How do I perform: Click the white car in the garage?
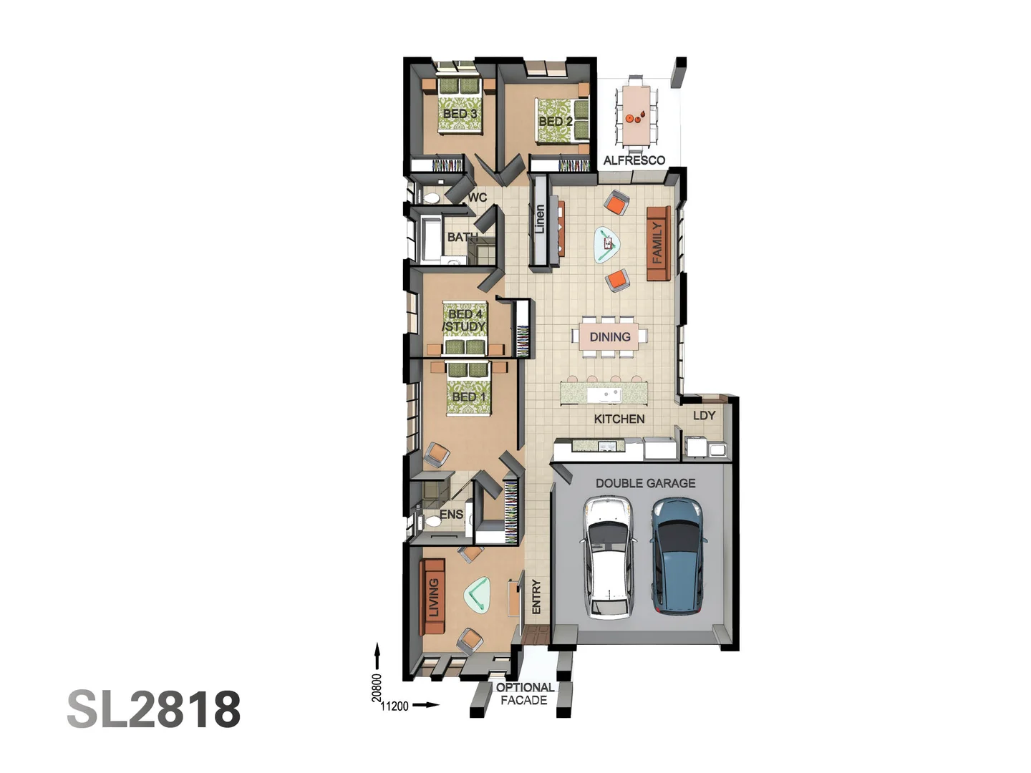pyautogui.click(x=608, y=558)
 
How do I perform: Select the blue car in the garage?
pyautogui.click(x=677, y=557)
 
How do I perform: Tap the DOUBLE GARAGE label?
pyautogui.click(x=645, y=483)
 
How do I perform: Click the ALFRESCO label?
pyautogui.click(x=634, y=160)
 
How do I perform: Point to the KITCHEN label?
pyautogui.click(x=619, y=419)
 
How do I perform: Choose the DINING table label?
pyautogui.click(x=609, y=336)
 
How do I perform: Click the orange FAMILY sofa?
pyautogui.click(x=657, y=243)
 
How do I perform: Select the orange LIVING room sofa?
pyautogui.click(x=432, y=597)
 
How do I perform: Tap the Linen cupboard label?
pyautogui.click(x=540, y=219)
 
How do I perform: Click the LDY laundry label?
pyautogui.click(x=704, y=415)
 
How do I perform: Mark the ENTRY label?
pyautogui.click(x=536, y=596)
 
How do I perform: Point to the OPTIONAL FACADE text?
pyautogui.click(x=524, y=694)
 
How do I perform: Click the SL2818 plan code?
pyautogui.click(x=154, y=709)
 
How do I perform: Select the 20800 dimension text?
pyautogui.click(x=377, y=687)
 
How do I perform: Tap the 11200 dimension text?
pyautogui.click(x=395, y=706)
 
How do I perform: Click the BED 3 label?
pyautogui.click(x=459, y=113)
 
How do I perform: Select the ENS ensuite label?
pyautogui.click(x=451, y=514)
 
